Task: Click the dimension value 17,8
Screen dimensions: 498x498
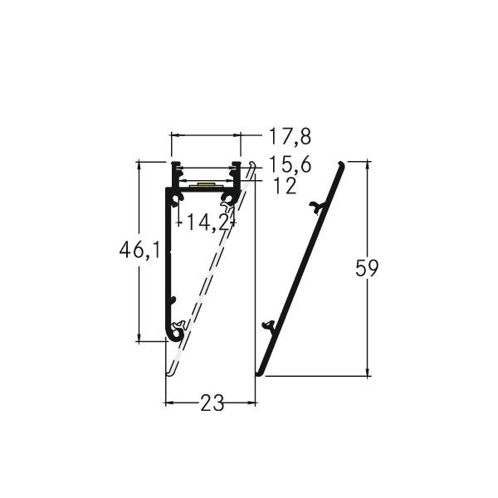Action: (283, 135)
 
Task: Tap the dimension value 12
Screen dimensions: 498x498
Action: (284, 186)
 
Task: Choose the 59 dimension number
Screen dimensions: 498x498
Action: (367, 268)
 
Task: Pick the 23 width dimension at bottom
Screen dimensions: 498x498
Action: (212, 403)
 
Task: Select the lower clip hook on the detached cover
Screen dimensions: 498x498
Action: (267, 325)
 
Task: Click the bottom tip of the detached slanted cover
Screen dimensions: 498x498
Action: (259, 373)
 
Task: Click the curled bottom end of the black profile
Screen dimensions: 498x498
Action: (174, 334)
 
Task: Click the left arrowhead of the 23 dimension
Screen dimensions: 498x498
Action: (168, 403)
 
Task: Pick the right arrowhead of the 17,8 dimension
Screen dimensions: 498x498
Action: (237, 134)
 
